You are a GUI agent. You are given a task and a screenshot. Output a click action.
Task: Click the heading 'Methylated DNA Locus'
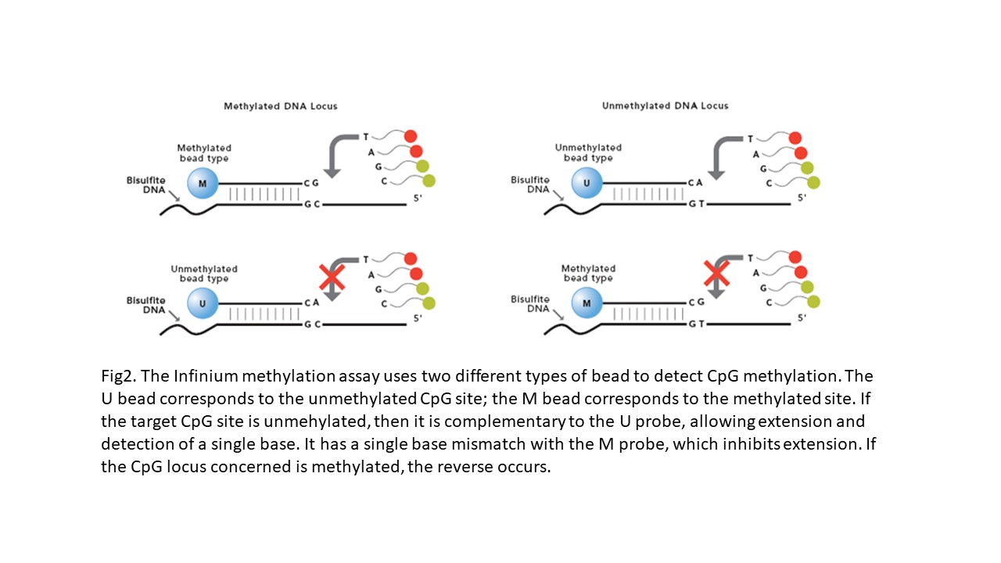280,106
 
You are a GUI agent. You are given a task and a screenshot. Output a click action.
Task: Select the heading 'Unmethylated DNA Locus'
665,106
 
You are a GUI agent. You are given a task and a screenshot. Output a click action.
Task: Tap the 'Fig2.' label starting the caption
117,376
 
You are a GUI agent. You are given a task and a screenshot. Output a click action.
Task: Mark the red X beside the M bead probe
716,274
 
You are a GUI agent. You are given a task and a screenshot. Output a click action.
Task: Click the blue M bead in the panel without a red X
203,184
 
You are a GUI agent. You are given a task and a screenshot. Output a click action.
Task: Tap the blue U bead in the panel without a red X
587,184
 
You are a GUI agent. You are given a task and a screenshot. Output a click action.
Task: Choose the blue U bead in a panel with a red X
203,303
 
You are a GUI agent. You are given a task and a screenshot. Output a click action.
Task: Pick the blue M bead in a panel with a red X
587,303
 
